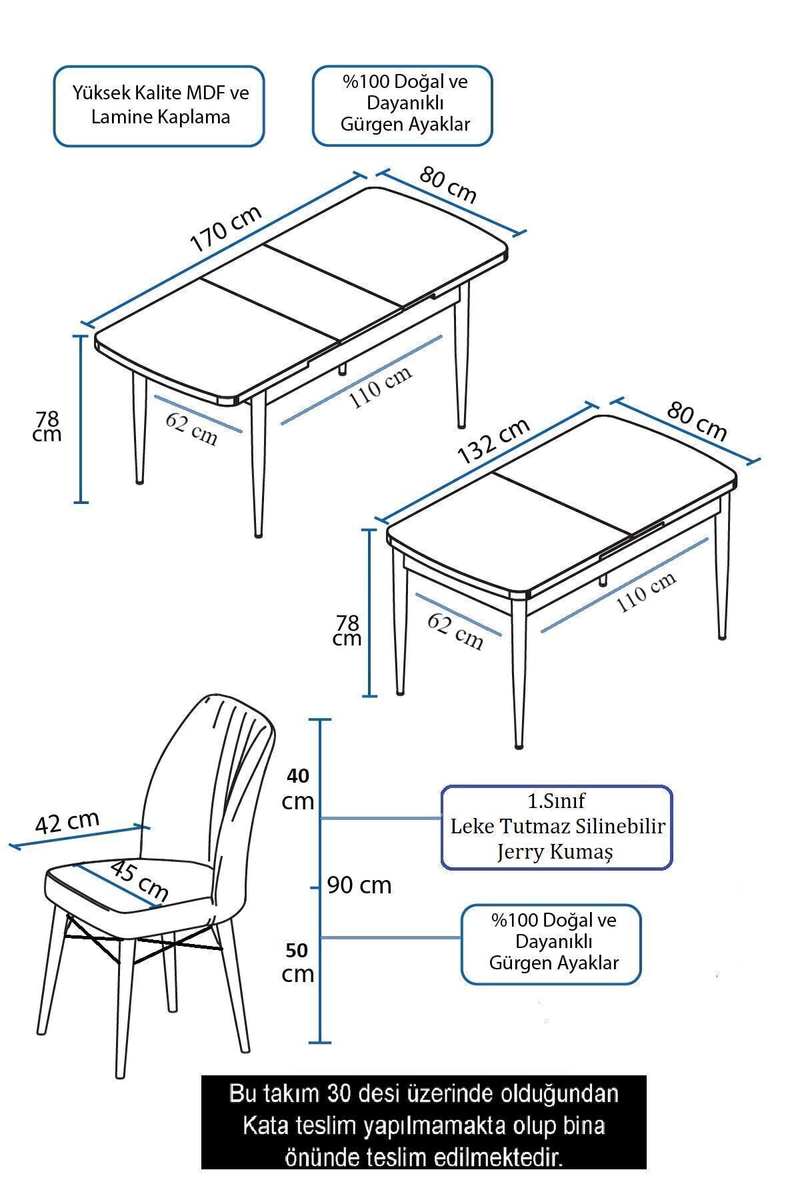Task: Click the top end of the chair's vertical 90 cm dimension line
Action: tap(321, 720)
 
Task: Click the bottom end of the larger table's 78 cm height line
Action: tap(81, 502)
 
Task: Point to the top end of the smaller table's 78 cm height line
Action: tap(369, 530)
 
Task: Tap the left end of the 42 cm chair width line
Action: tap(11, 847)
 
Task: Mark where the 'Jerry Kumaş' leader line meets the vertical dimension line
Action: tap(321, 818)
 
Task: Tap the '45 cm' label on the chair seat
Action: tap(139, 880)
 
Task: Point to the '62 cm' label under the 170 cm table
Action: tap(192, 428)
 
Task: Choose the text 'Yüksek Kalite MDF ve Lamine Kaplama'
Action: tap(160, 105)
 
